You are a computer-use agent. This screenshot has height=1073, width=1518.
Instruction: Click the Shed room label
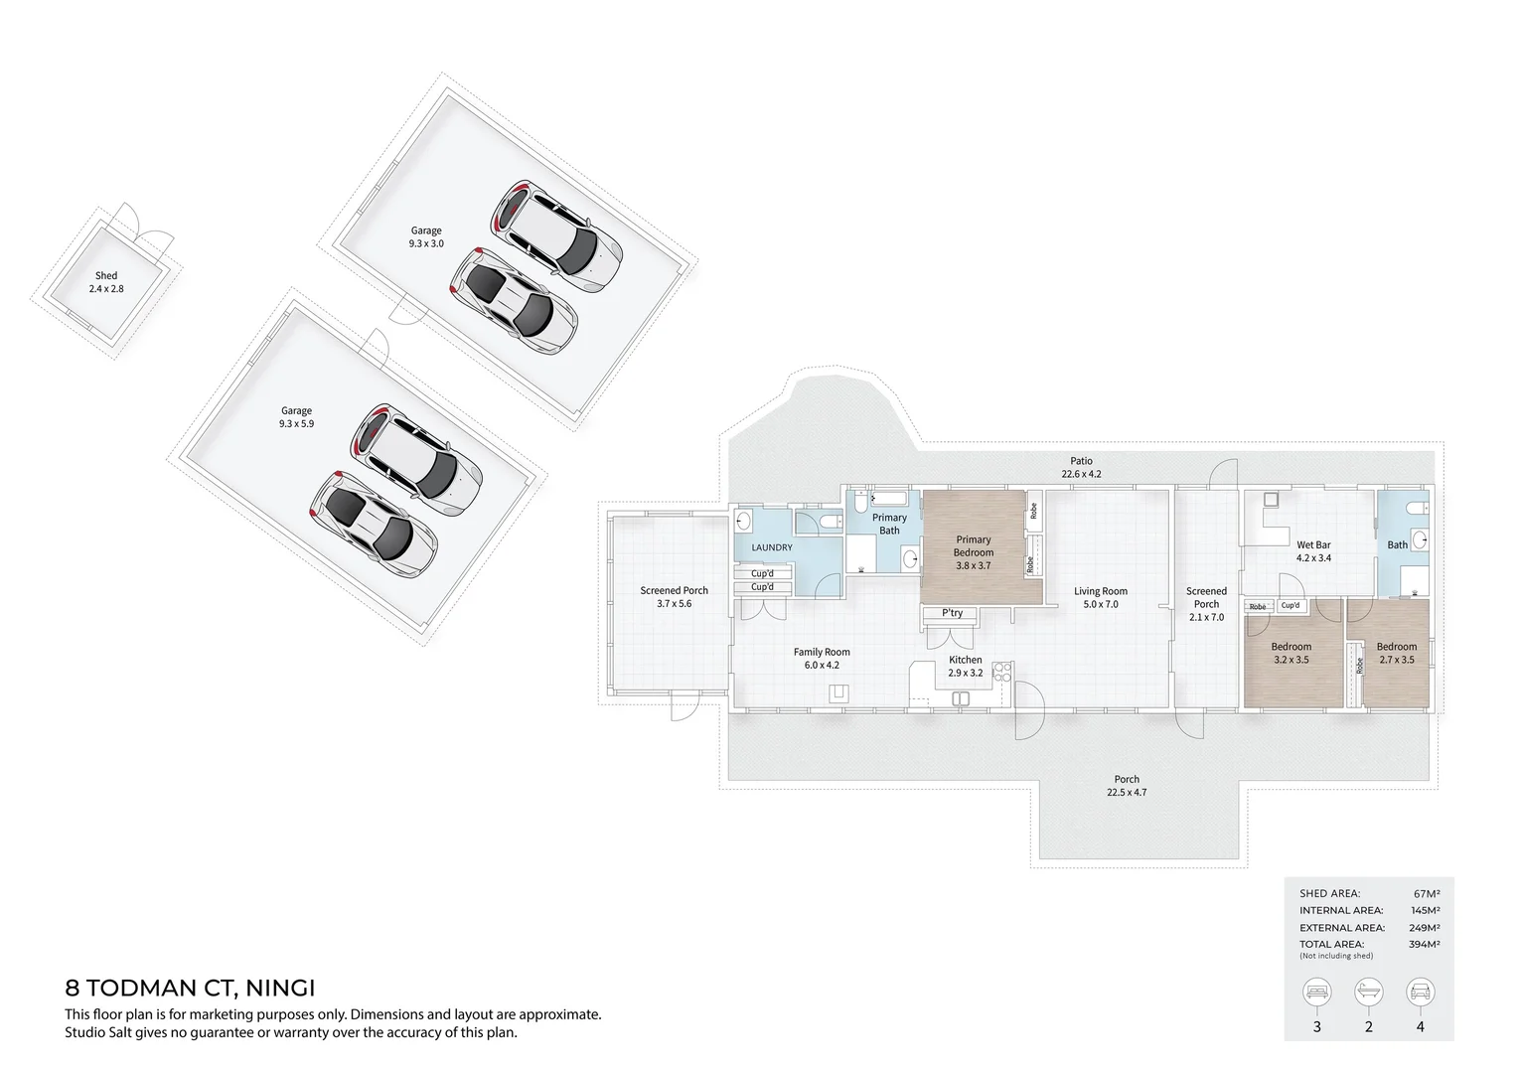coord(106,282)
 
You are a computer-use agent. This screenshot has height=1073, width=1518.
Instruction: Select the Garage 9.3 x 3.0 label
coord(426,236)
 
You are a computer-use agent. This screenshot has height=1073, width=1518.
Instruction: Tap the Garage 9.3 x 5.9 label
coord(296,416)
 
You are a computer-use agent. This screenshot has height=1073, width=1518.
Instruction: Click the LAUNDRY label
coord(772,547)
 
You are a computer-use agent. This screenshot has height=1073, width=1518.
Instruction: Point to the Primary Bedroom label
coord(973,552)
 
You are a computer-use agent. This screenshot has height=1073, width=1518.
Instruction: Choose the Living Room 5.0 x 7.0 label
coord(1101,597)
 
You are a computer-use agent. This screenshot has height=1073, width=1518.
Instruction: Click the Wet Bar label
coord(1313,551)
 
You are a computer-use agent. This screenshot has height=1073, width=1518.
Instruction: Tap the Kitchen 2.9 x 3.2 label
coord(965,666)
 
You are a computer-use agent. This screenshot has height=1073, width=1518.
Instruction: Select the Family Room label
coord(822,659)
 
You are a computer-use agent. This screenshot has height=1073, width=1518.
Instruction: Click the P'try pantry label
coord(952,613)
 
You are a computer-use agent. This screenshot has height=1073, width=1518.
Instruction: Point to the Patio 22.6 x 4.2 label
coord(1081,467)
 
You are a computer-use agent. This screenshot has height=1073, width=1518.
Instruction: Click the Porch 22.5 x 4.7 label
coord(1127,786)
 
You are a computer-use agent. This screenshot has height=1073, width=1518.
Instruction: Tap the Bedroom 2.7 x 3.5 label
coord(1396,653)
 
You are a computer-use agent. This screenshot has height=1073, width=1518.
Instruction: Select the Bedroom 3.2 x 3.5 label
coord(1291,653)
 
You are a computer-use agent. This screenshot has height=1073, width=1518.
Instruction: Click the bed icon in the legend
coord(1317,992)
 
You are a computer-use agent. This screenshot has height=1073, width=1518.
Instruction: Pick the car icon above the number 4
coord(1420,992)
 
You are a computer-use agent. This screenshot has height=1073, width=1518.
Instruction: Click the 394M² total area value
coord(1424,945)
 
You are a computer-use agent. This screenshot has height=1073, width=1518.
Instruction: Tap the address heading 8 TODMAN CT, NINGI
coord(190,989)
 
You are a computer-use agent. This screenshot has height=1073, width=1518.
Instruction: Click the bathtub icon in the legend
coord(1368,992)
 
